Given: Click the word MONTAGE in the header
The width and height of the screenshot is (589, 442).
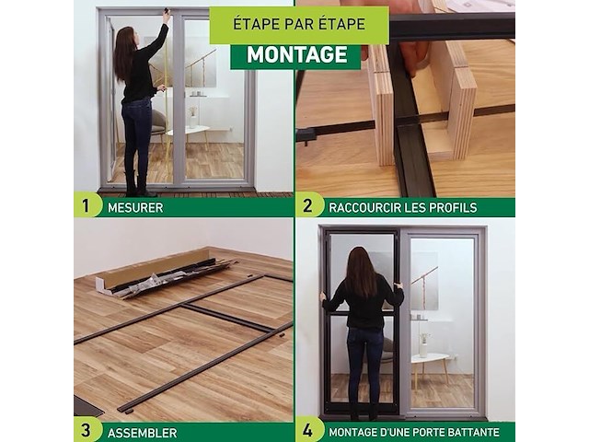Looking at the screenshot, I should pos(294,54).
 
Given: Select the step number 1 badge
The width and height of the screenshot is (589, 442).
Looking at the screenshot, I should pos(87,205).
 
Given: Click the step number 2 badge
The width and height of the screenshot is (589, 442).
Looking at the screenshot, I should pos(309,205).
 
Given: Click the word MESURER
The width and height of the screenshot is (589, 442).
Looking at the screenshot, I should pos(134,207).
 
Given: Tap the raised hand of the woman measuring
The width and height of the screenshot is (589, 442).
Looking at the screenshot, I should pos(167,16).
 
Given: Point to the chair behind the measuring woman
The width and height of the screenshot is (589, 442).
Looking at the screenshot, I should pos(159,129).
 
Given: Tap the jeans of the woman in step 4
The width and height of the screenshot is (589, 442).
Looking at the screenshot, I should pos(364,364).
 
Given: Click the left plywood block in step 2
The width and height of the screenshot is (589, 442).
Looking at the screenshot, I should pos(381,101).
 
